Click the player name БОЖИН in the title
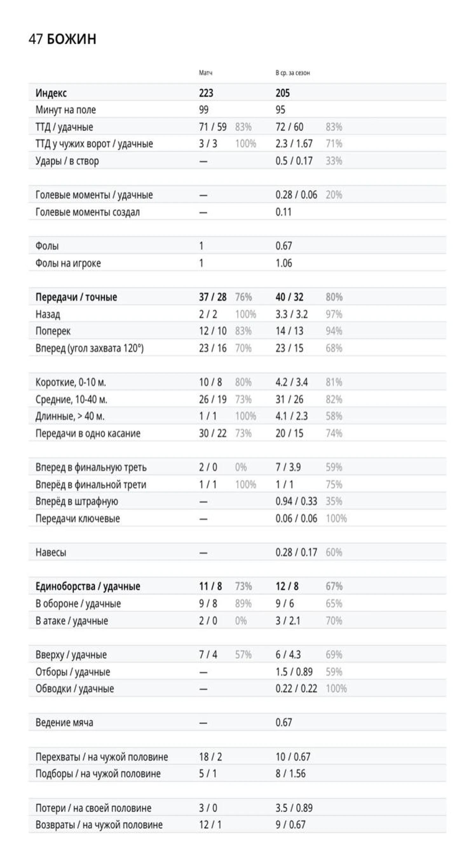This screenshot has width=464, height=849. click(72, 39)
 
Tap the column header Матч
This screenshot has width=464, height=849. click(206, 72)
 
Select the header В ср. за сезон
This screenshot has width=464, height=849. click(292, 72)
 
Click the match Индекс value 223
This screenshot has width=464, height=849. click(206, 93)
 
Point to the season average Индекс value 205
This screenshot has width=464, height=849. click(283, 93)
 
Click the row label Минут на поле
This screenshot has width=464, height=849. click(65, 110)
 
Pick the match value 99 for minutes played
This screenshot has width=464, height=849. click(203, 110)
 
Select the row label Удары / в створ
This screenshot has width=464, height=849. click(67, 161)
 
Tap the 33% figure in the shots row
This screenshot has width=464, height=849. click(334, 161)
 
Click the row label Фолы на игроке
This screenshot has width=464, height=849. click(68, 263)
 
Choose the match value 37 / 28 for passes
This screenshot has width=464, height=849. click(212, 297)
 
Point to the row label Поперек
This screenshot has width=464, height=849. click(53, 331)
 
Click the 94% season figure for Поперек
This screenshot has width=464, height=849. click(334, 331)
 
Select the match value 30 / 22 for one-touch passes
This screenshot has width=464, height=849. click(212, 433)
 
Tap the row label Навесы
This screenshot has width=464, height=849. click(51, 552)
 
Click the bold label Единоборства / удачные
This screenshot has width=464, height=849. click(88, 586)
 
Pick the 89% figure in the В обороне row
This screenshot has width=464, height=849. click(243, 604)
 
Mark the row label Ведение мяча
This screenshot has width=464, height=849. click(64, 722)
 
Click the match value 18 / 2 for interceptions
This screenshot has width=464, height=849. click(210, 757)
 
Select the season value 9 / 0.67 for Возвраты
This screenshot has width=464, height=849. click(290, 825)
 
